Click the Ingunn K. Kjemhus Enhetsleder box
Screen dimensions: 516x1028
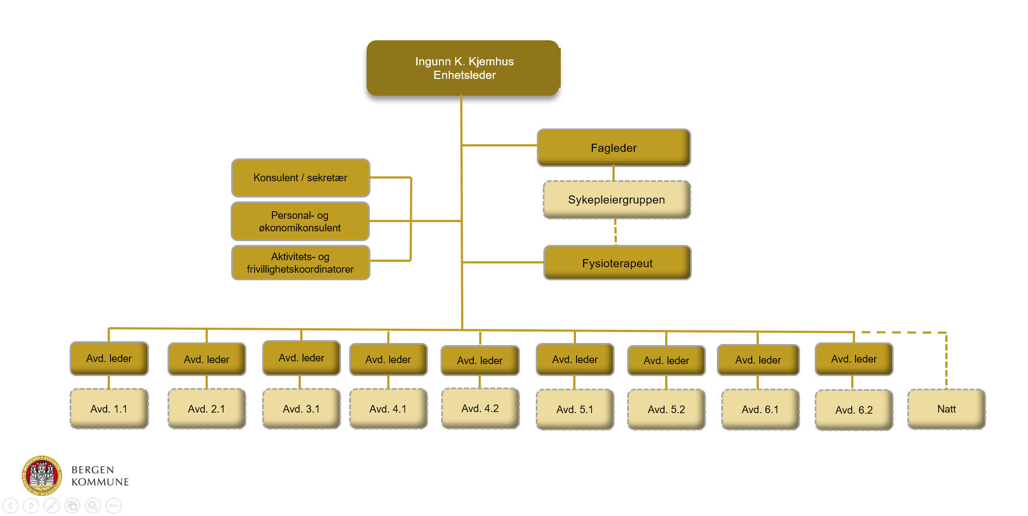[463, 68]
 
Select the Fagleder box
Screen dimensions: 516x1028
[614, 148]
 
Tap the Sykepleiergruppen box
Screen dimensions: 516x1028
[616, 200]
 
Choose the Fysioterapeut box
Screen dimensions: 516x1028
[617, 263]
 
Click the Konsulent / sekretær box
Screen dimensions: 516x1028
[300, 177]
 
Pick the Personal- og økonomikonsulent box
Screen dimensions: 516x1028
[300, 221]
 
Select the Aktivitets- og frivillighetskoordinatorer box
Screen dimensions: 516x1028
[300, 262]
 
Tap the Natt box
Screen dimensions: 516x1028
[946, 409]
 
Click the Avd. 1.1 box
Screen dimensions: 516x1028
[109, 409]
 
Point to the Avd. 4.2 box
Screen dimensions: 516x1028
[480, 408]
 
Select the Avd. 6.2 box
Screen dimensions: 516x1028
[854, 410]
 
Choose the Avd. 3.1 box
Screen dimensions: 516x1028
[301, 409]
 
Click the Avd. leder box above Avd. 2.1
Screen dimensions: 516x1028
[207, 359]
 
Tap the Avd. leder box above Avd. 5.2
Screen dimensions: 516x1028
[666, 360]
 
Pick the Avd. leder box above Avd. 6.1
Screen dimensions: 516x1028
[758, 360]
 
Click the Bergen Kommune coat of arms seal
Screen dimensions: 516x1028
[41, 475]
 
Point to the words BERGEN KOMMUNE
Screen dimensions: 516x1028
[100, 476]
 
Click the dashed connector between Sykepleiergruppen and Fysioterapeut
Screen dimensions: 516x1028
[615, 232]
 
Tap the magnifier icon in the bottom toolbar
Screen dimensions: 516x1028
[93, 506]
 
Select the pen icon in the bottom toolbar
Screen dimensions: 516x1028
[52, 506]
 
